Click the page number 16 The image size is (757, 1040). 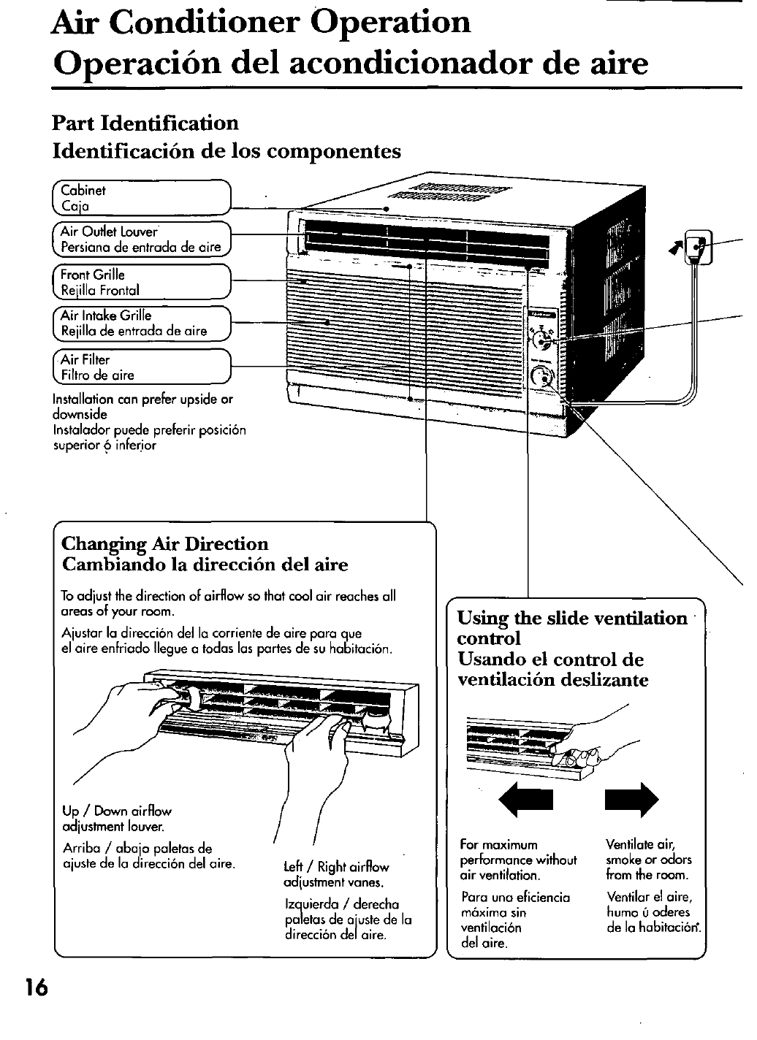coord(34,987)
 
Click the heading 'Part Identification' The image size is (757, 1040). coord(145,122)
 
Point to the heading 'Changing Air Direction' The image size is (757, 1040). coord(165,543)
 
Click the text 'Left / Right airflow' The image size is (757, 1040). coord(336,868)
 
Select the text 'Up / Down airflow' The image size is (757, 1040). coord(117,811)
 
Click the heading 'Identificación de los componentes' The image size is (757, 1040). coord(227,151)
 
